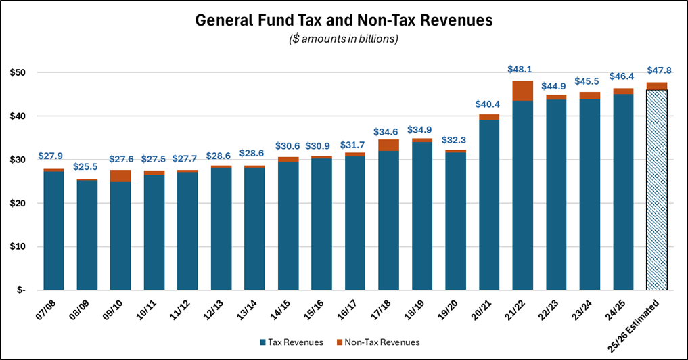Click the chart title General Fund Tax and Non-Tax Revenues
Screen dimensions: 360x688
point(344,20)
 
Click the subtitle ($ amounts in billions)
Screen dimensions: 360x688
point(344,39)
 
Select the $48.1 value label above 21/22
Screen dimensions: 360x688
point(522,69)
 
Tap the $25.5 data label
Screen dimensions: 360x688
point(87,167)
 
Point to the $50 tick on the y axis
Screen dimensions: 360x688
point(19,72)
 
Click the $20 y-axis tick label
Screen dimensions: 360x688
point(19,203)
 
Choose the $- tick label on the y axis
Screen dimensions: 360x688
point(20,290)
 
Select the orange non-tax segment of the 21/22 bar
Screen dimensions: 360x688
point(522,91)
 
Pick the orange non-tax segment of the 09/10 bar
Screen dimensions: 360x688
point(120,176)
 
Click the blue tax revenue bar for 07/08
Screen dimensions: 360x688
point(53,230)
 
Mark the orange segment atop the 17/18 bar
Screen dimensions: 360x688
point(388,145)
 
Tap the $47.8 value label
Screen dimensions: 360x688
point(657,70)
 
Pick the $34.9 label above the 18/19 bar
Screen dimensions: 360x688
point(421,129)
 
